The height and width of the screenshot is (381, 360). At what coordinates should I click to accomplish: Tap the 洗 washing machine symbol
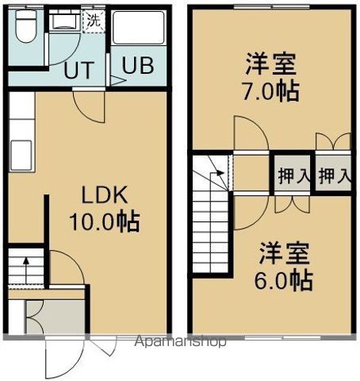[93, 20]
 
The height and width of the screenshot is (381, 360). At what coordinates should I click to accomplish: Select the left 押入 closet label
[293, 175]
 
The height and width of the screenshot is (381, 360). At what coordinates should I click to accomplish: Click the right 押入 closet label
[334, 175]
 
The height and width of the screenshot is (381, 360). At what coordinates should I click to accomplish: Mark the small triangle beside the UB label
[113, 79]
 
